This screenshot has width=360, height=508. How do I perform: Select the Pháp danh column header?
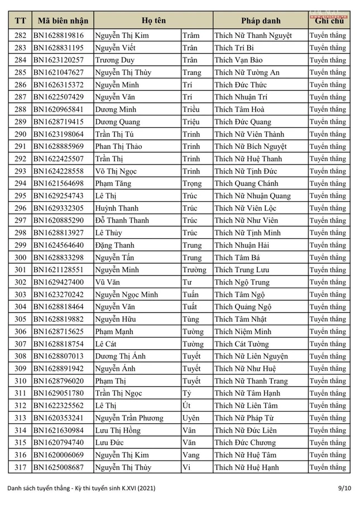[x=261, y=21]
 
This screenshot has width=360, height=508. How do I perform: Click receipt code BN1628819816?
[x=59, y=35]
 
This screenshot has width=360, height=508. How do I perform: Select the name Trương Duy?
[x=114, y=60]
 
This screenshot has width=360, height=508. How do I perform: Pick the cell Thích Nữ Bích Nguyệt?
[x=251, y=147]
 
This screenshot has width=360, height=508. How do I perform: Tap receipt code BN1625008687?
[x=59, y=467]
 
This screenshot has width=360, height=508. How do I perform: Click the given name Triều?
[x=191, y=109]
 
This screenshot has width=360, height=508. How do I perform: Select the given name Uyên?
[x=191, y=418]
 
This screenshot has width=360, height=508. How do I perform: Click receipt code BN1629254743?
[x=59, y=196]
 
